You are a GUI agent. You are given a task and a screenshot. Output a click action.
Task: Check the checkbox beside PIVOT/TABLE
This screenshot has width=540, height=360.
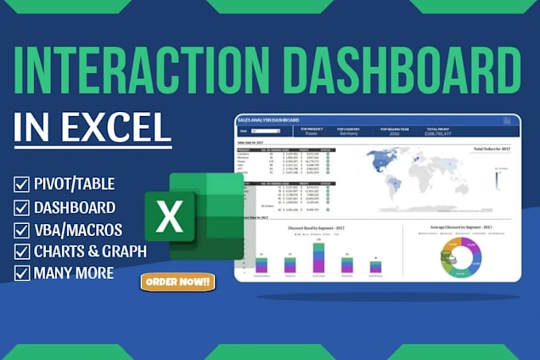[21, 184]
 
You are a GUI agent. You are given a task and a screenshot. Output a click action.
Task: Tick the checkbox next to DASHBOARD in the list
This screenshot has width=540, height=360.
[21, 207]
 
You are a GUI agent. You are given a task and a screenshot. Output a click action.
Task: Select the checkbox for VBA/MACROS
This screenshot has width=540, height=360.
[21, 230]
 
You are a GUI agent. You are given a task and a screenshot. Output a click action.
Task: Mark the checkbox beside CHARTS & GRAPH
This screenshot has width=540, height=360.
[21, 252]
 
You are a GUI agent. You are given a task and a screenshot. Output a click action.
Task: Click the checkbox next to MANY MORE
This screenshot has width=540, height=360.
[21, 273]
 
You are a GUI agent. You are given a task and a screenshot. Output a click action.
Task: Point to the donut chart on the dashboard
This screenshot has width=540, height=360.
[462, 256]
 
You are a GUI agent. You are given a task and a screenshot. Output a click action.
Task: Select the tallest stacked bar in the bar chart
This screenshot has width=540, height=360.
[319, 257]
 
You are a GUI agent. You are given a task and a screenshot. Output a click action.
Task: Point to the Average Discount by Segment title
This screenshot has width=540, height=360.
[462, 226]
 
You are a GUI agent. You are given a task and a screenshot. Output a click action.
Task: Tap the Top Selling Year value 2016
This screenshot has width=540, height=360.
[394, 134]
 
